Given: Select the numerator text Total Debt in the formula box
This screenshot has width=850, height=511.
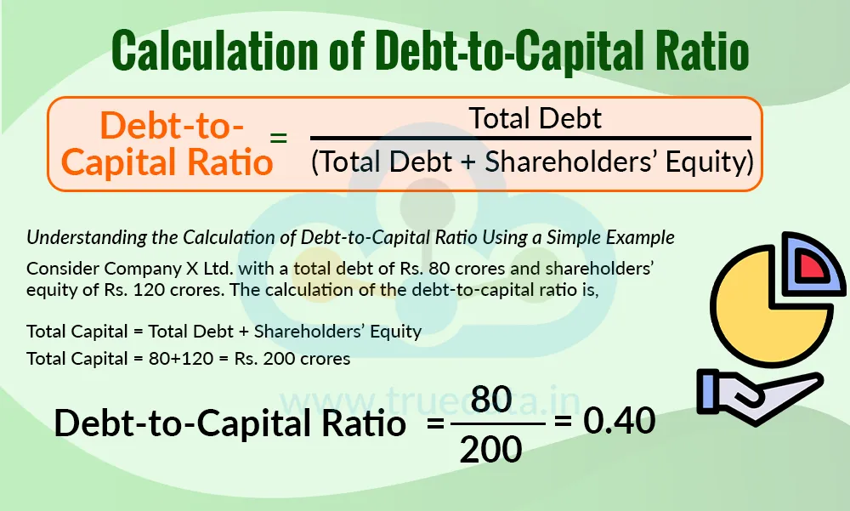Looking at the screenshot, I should pos(535,118).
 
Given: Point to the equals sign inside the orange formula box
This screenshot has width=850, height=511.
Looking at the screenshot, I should pos(279,138).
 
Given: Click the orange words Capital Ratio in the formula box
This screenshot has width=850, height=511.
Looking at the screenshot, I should pos(167,161).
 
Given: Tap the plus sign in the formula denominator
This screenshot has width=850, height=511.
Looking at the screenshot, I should pos(467,161).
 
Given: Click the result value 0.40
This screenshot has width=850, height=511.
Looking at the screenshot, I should pos(620,420).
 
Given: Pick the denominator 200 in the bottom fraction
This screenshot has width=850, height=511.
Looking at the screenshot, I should pos(491,448).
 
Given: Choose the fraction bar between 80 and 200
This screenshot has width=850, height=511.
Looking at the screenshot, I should pos(496,423).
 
